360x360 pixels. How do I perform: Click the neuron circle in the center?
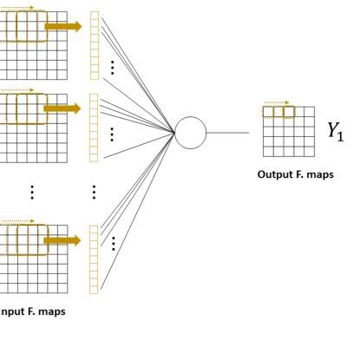191,133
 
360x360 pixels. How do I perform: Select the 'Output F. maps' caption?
295,174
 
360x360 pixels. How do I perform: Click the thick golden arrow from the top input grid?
62,27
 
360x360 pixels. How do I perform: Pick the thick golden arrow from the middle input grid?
62,108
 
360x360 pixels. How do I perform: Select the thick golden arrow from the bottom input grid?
62,239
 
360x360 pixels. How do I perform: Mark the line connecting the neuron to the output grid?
233,133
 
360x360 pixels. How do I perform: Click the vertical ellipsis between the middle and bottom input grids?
32,192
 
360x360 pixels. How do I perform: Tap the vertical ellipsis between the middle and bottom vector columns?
94,192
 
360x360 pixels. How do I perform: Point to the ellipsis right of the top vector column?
112,68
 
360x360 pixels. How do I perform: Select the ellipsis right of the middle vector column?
112,134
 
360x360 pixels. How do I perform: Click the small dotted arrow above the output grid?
275,103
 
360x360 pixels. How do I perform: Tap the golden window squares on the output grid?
280,112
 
